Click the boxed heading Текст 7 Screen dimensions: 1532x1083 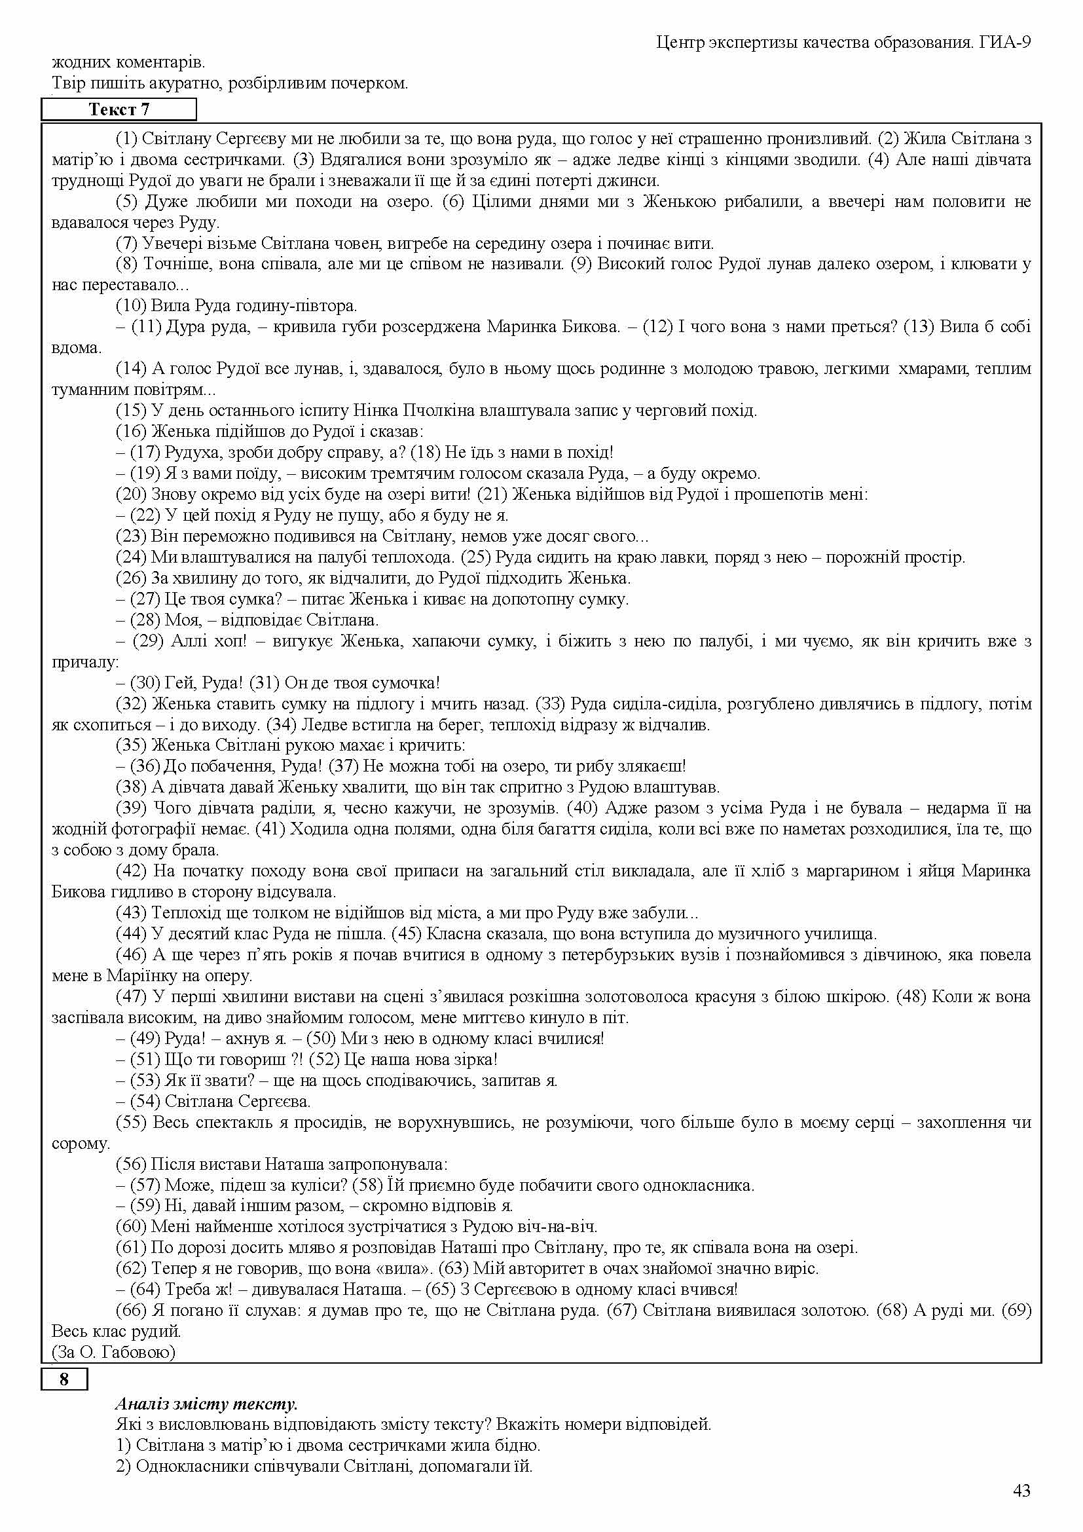click(x=119, y=109)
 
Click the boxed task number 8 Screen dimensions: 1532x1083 click(x=64, y=1379)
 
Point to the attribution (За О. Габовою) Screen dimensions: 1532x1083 click(x=113, y=1352)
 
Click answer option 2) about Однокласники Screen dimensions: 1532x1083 click(x=324, y=1466)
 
